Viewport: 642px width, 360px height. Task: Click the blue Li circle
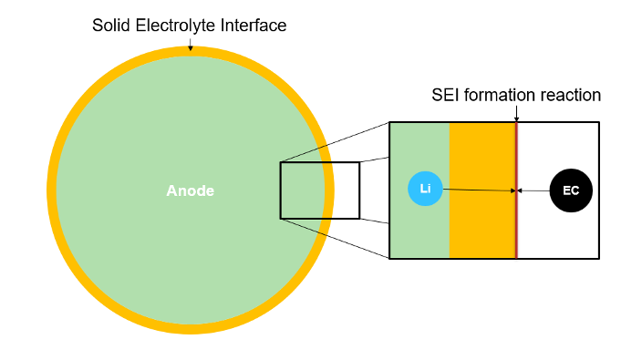click(425, 189)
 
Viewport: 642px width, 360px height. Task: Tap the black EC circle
click(571, 190)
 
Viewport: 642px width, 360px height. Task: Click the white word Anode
click(191, 190)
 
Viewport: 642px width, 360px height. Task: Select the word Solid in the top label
click(111, 26)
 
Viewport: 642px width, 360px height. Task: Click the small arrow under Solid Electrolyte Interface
click(190, 42)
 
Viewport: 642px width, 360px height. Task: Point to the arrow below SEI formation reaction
click(516, 113)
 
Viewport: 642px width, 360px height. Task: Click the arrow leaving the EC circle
click(534, 190)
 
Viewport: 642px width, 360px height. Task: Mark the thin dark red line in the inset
click(517, 228)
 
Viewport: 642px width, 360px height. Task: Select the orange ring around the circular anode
click(51, 190)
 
